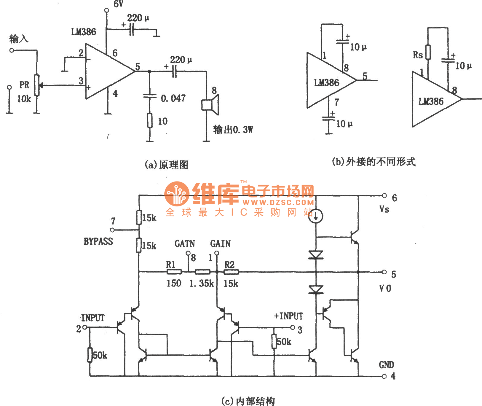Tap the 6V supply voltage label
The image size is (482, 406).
pyautogui.click(x=118, y=4)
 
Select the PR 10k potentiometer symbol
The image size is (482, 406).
pyautogui.click(x=37, y=85)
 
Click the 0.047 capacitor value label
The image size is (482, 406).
pyautogui.click(x=173, y=98)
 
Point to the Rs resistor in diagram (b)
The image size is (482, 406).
pyautogui.click(x=428, y=52)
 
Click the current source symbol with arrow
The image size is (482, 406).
pyautogui.click(x=316, y=216)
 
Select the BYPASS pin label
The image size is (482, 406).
pyautogui.click(x=98, y=241)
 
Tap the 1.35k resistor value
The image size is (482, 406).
pyautogui.click(x=201, y=284)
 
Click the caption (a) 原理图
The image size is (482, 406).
pyautogui.click(x=166, y=165)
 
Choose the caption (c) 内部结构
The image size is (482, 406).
pyautogui.click(x=248, y=401)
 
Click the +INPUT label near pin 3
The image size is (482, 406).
pyautogui.click(x=288, y=316)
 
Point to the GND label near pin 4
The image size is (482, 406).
pyautogui.click(x=386, y=365)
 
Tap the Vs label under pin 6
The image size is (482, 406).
pyautogui.click(x=384, y=209)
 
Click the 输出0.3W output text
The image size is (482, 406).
pyautogui.click(x=233, y=130)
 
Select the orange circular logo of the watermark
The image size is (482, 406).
pyautogui.click(x=177, y=194)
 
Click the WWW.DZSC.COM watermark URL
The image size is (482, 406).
pyautogui.click(x=278, y=203)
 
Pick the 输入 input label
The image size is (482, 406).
pyautogui.click(x=18, y=39)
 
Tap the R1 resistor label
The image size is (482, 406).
pyautogui.click(x=171, y=264)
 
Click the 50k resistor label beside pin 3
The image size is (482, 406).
pyautogui.click(x=284, y=342)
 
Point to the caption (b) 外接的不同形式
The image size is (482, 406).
pyautogui.click(x=374, y=162)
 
